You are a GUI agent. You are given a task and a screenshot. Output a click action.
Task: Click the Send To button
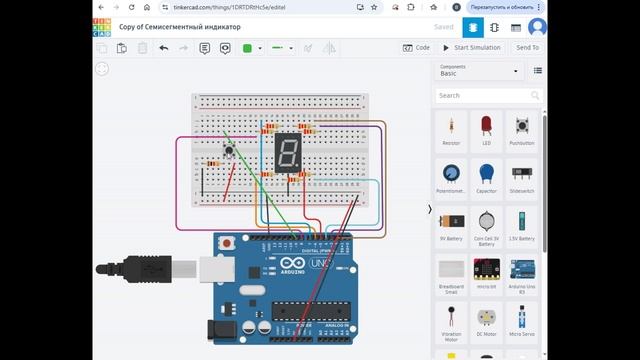coord(527,47)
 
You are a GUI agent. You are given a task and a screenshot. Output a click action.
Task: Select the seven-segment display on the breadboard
coord(287,152)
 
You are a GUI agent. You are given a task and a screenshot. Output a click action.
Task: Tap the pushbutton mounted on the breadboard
coord(230,151)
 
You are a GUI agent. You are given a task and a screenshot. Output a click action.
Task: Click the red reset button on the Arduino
coord(229,242)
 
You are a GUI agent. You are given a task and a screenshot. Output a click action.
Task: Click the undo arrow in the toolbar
coord(163,47)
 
